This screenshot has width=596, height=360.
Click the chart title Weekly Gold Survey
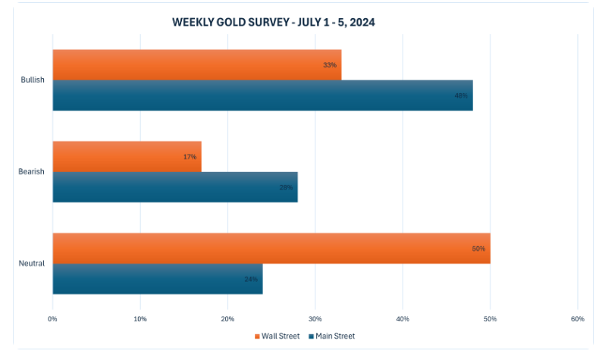click(x=274, y=23)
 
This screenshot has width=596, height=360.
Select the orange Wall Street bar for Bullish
click(x=196, y=65)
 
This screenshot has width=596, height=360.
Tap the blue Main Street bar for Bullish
click(x=262, y=95)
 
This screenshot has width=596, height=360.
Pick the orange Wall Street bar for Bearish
click(x=127, y=157)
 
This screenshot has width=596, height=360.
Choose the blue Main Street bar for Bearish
click(x=174, y=187)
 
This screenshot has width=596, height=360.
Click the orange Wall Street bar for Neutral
click(x=271, y=249)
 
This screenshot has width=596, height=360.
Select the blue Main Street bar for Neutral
click(x=157, y=279)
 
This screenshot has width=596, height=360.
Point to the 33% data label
click(x=330, y=65)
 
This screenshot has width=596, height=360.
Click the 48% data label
click(x=461, y=95)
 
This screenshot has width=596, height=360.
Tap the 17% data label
click(x=190, y=157)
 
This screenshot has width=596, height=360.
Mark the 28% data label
click(x=286, y=187)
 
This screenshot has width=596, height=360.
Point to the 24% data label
click(x=251, y=279)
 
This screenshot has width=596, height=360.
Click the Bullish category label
click(x=33, y=80)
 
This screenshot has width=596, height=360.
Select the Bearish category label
click(x=32, y=172)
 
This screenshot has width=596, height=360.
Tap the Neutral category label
click(x=32, y=264)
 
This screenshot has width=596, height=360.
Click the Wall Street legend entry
click(x=277, y=336)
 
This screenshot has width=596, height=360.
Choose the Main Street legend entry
click(x=331, y=336)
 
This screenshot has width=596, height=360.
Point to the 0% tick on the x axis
click(x=52, y=318)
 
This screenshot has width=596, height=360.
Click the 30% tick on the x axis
click(x=315, y=318)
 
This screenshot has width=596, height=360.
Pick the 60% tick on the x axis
click(x=577, y=318)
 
